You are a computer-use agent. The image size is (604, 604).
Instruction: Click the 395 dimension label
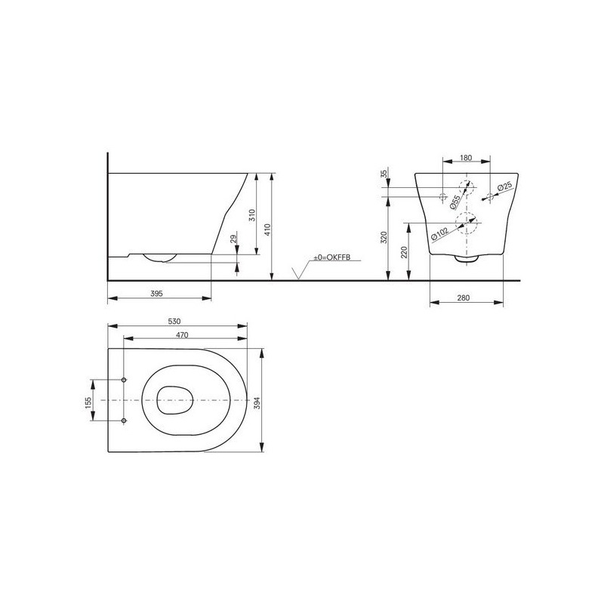[156, 294]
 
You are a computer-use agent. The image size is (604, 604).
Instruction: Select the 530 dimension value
[174, 322]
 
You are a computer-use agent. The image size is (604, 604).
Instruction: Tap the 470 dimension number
[182, 335]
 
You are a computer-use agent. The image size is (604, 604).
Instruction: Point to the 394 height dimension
[257, 403]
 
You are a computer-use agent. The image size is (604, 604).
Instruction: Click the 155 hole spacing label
[88, 403]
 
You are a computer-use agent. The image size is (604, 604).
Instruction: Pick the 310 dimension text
[252, 215]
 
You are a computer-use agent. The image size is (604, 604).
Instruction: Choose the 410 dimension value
[268, 230]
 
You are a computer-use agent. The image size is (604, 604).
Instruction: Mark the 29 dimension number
[233, 239]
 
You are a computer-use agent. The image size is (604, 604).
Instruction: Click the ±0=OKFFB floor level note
[331, 257]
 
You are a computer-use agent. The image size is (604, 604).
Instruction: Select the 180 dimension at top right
[466, 158]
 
